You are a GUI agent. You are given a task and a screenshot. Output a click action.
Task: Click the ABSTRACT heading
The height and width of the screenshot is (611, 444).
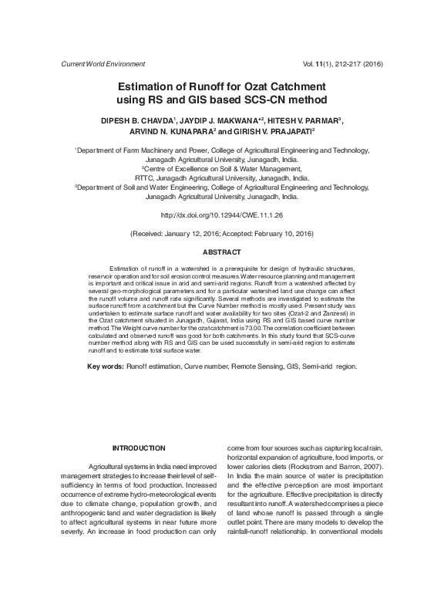222,252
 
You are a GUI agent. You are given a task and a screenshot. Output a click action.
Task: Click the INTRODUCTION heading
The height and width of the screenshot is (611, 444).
139,447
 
